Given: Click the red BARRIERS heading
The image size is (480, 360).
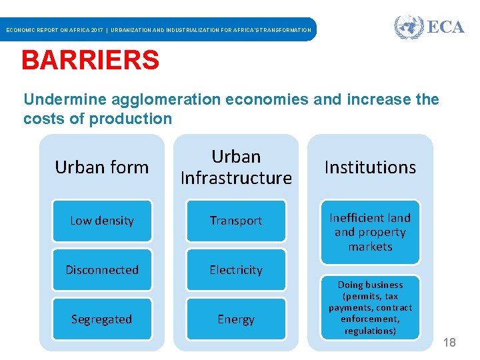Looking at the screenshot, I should [90, 61].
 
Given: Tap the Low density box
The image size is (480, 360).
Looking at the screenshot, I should [102, 221].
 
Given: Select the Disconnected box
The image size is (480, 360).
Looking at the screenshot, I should [102, 270].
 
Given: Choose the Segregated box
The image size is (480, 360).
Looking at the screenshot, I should [102, 319].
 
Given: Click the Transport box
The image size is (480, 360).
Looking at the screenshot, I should [236, 221].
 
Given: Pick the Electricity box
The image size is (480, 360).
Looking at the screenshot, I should [236, 270].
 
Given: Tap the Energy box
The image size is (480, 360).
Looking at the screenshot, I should [236, 319].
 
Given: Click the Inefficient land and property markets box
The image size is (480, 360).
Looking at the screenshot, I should [370, 232].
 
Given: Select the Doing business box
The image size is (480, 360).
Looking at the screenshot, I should [370, 307].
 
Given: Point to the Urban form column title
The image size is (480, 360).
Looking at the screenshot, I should [102, 167].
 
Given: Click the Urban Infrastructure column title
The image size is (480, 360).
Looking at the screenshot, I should [236, 167].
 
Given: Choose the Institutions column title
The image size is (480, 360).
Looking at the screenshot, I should [370, 167].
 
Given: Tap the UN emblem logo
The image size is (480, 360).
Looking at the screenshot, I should [408, 27].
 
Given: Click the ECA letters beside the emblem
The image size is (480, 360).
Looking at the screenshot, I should [445, 27].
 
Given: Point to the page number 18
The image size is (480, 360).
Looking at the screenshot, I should [449, 343].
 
